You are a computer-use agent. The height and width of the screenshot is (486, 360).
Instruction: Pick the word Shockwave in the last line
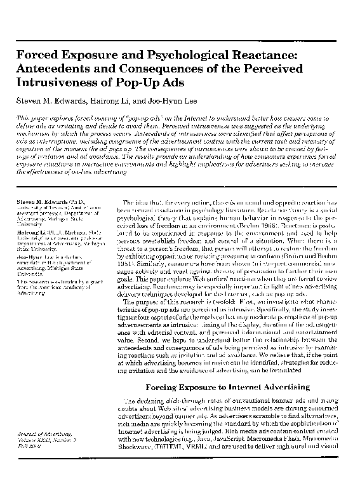(137, 463)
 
